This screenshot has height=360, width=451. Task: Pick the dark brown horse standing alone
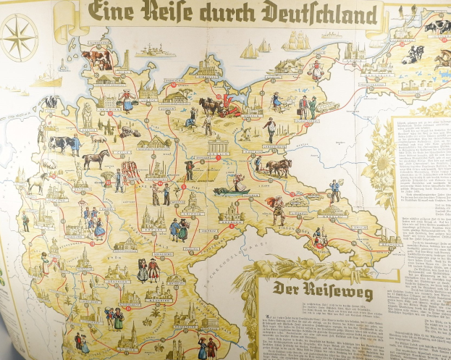tap(95, 159)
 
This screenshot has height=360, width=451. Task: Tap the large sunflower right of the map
tap(381, 164)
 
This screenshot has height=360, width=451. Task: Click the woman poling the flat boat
tap(236, 183)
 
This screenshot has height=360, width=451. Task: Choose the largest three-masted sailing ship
tap(297, 42)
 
